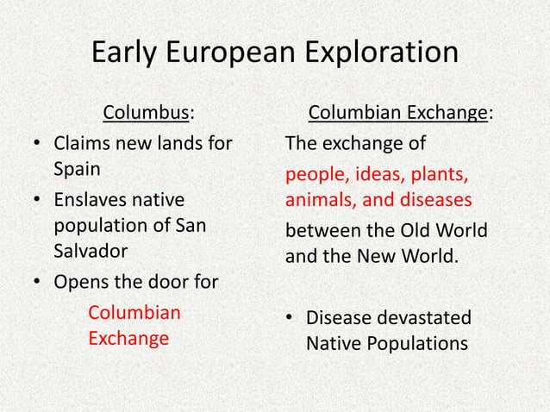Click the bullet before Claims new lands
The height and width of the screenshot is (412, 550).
tap(33, 143)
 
